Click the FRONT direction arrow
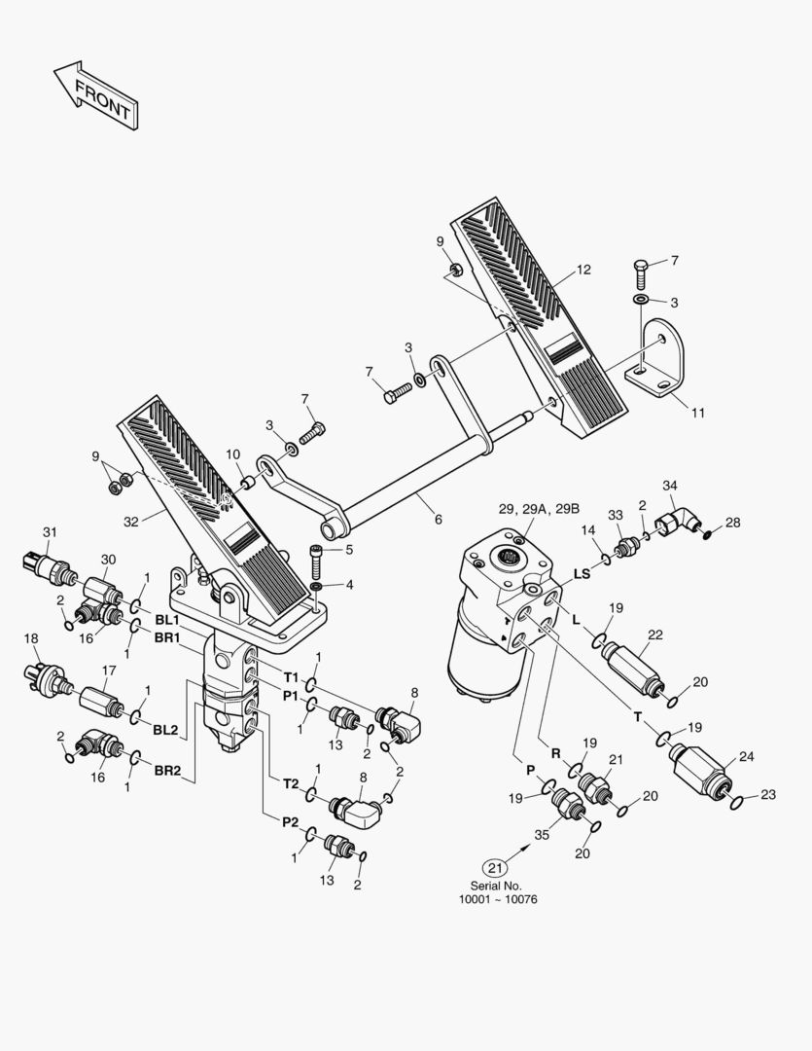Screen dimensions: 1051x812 [x=94, y=95]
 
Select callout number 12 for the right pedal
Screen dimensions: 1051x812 [x=583, y=270]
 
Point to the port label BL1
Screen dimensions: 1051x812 [x=165, y=619]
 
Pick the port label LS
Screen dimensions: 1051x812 [x=582, y=574]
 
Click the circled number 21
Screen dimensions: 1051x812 [x=496, y=867]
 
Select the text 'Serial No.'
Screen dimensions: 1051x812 [x=496, y=886]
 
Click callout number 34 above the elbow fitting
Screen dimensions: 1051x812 [x=669, y=485]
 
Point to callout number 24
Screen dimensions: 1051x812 [x=747, y=755]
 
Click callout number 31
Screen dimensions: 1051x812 [x=51, y=531]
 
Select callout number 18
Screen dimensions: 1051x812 [x=30, y=638]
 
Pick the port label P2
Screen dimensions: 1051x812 [x=290, y=822]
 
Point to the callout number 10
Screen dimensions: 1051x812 [x=233, y=454]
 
